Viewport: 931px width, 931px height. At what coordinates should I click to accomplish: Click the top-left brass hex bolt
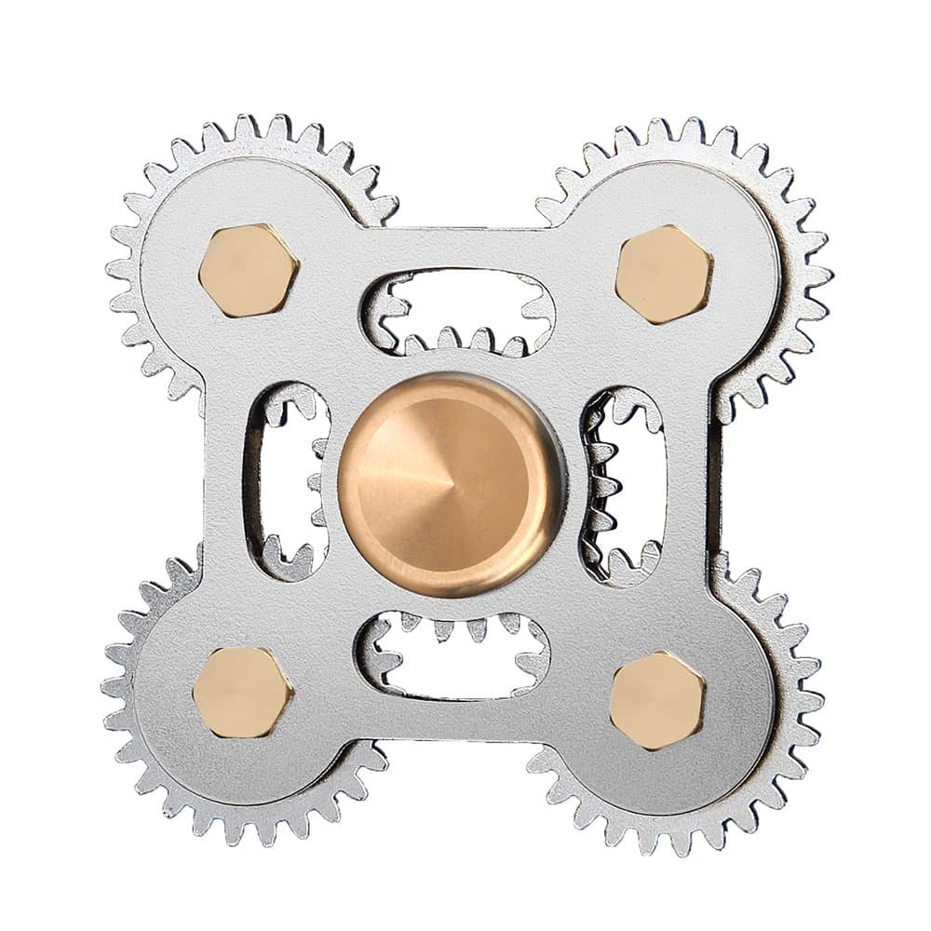(249, 271)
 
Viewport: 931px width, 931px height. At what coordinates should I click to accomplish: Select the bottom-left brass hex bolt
(242, 692)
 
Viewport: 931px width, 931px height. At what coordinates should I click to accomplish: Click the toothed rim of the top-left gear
(140, 233)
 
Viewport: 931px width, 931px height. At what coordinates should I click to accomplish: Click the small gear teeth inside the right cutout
(600, 484)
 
